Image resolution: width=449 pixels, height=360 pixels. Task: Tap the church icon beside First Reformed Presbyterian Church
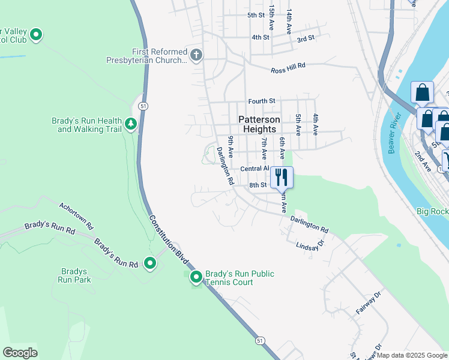[x=196, y=56]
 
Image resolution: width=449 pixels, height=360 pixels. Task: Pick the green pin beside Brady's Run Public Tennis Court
[x=196, y=277]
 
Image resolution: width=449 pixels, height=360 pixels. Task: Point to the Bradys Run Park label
[x=74, y=275]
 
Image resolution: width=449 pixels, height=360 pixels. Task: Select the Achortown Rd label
[x=77, y=216]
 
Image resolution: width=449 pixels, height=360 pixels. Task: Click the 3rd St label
[x=306, y=38]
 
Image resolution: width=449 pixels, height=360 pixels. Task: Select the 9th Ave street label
[x=231, y=147]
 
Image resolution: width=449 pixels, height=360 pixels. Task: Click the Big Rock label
[x=432, y=211]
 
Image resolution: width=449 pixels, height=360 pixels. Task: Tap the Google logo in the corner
[x=20, y=353]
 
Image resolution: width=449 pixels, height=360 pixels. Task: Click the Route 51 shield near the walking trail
[x=142, y=106]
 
